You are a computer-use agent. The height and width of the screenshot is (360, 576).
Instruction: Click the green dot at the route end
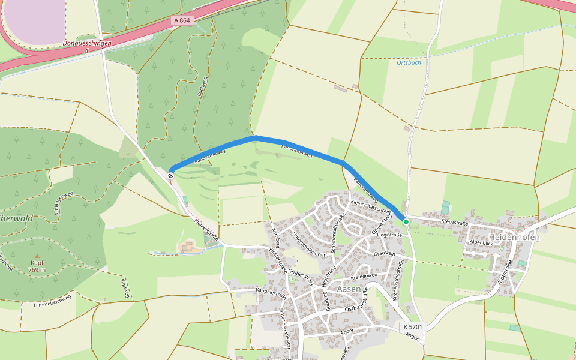click(x=406, y=222)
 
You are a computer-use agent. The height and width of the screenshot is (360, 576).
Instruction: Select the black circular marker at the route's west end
click(x=171, y=176)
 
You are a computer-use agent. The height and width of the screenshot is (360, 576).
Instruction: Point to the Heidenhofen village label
click(x=514, y=237)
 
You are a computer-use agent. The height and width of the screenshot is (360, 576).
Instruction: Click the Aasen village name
click(x=349, y=289)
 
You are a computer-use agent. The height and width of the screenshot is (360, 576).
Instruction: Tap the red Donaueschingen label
click(x=87, y=43)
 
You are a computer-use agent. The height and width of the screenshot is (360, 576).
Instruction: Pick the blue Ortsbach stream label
click(x=409, y=62)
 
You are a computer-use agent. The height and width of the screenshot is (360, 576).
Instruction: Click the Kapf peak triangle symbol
click(x=37, y=256)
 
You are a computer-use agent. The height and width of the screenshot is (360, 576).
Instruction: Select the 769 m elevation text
click(x=37, y=270)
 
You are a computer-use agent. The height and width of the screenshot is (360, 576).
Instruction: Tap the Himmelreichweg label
click(x=53, y=301)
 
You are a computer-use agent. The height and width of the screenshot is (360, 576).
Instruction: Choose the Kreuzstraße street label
click(x=454, y=223)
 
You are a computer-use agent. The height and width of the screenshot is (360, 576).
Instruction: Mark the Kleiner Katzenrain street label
click(x=371, y=208)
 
